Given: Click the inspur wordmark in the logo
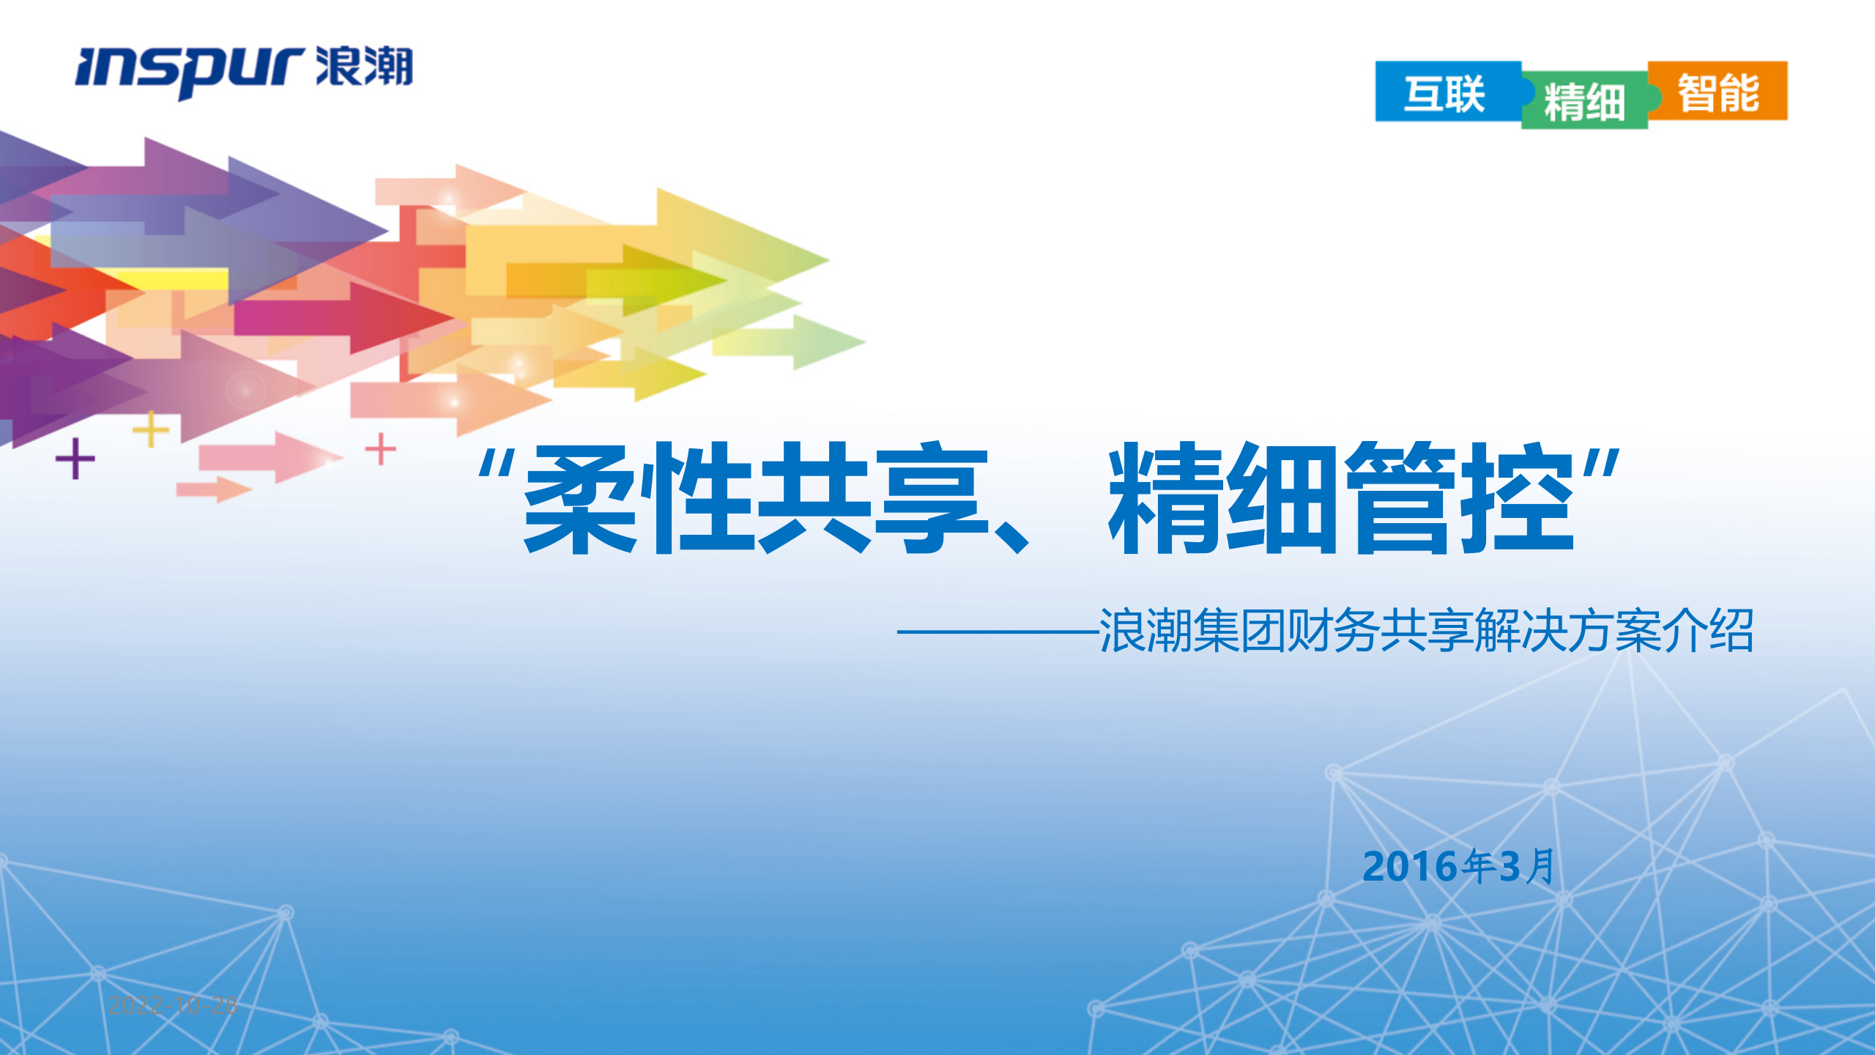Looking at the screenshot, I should point(189,72).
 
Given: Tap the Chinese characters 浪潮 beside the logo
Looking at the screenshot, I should point(364,67).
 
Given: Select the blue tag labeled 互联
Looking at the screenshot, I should point(1444,94).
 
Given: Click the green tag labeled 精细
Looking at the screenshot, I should point(1584,101).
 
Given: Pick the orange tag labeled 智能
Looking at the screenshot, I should point(1718,92).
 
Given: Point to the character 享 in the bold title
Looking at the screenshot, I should point(932,498).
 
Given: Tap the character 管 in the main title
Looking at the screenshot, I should point(1400,498).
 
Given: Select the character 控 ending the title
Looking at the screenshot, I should point(1518,498).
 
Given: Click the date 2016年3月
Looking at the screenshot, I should point(1458,867).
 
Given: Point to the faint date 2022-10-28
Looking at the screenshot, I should point(173,1005).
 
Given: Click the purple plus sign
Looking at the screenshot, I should point(75,459).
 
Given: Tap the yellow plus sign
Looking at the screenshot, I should point(151,429).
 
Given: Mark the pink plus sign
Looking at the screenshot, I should point(381,448).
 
